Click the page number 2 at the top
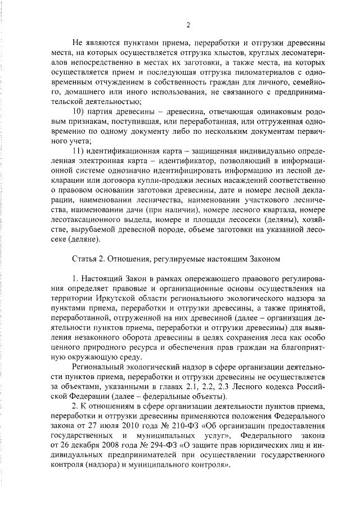click(x=188, y=24)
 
